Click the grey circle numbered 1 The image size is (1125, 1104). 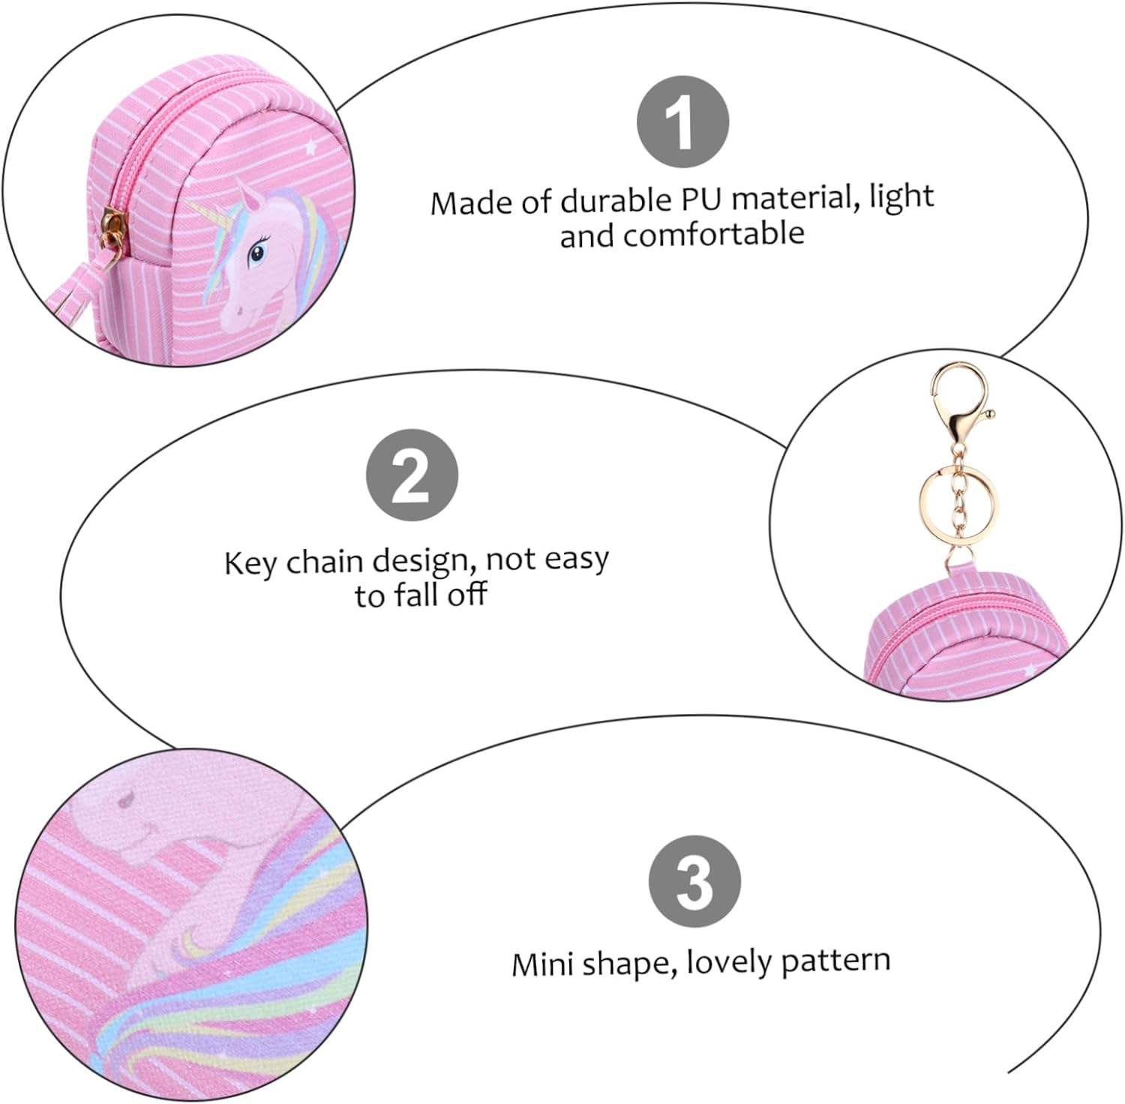pos(682,121)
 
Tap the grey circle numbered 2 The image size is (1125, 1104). pos(412,475)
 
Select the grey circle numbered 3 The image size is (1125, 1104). pos(694,881)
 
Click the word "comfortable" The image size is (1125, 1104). pos(714,234)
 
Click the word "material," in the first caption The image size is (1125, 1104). pos(795,198)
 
